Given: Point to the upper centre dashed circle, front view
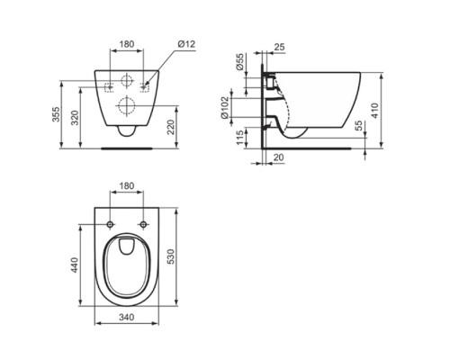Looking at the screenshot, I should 128,77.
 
